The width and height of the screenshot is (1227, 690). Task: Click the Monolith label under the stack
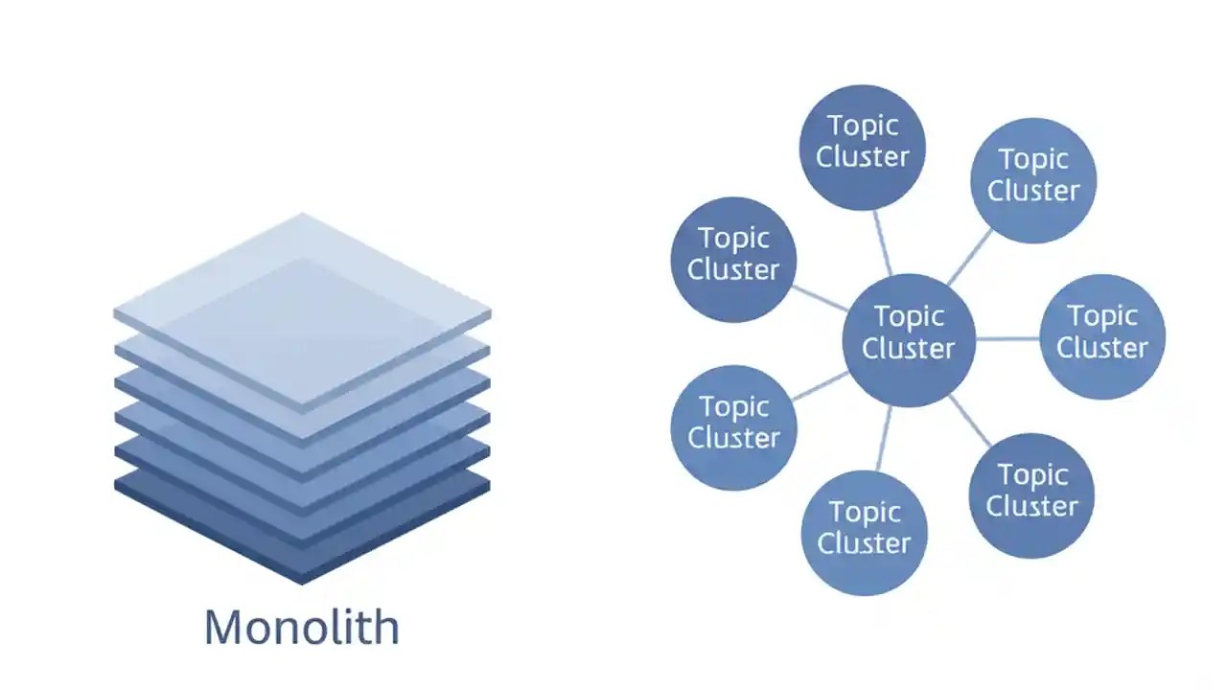pos(302,627)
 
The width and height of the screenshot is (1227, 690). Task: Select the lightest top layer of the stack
pos(302,297)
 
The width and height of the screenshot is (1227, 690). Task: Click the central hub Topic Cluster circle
pos(909,340)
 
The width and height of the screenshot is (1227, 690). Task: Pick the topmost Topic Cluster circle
pos(862,147)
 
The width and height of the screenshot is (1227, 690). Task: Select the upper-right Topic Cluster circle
pos(1033,180)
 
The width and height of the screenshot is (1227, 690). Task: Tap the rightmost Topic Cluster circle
pos(1102,336)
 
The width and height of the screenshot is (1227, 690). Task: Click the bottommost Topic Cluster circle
pos(864,533)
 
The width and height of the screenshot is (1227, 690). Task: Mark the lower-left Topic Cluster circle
pos(733,427)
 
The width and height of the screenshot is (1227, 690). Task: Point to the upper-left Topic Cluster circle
pos(733,260)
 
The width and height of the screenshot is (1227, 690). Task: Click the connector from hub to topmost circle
pos(883,242)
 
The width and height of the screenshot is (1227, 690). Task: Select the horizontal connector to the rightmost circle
pos(1007,338)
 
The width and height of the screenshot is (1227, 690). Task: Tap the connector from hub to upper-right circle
pos(970,257)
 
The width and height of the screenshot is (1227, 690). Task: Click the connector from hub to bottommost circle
pos(884,438)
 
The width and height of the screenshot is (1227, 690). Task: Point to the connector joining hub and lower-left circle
pos(820,385)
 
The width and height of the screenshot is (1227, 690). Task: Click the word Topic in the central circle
pos(909,316)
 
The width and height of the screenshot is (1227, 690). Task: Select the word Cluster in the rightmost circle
pos(1102,348)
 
